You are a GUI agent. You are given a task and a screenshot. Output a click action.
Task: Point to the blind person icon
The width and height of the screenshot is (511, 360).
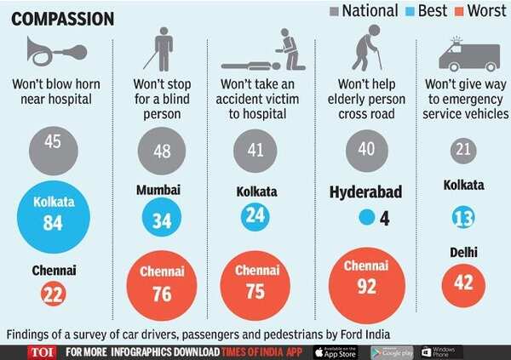[x=161, y=49]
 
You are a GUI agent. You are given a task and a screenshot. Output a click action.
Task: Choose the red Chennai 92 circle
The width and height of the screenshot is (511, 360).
[x=367, y=283]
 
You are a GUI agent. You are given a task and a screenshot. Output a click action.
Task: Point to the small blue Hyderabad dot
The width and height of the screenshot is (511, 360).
[x=367, y=218]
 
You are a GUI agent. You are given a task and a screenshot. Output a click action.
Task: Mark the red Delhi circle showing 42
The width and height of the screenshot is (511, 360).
[x=462, y=282]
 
